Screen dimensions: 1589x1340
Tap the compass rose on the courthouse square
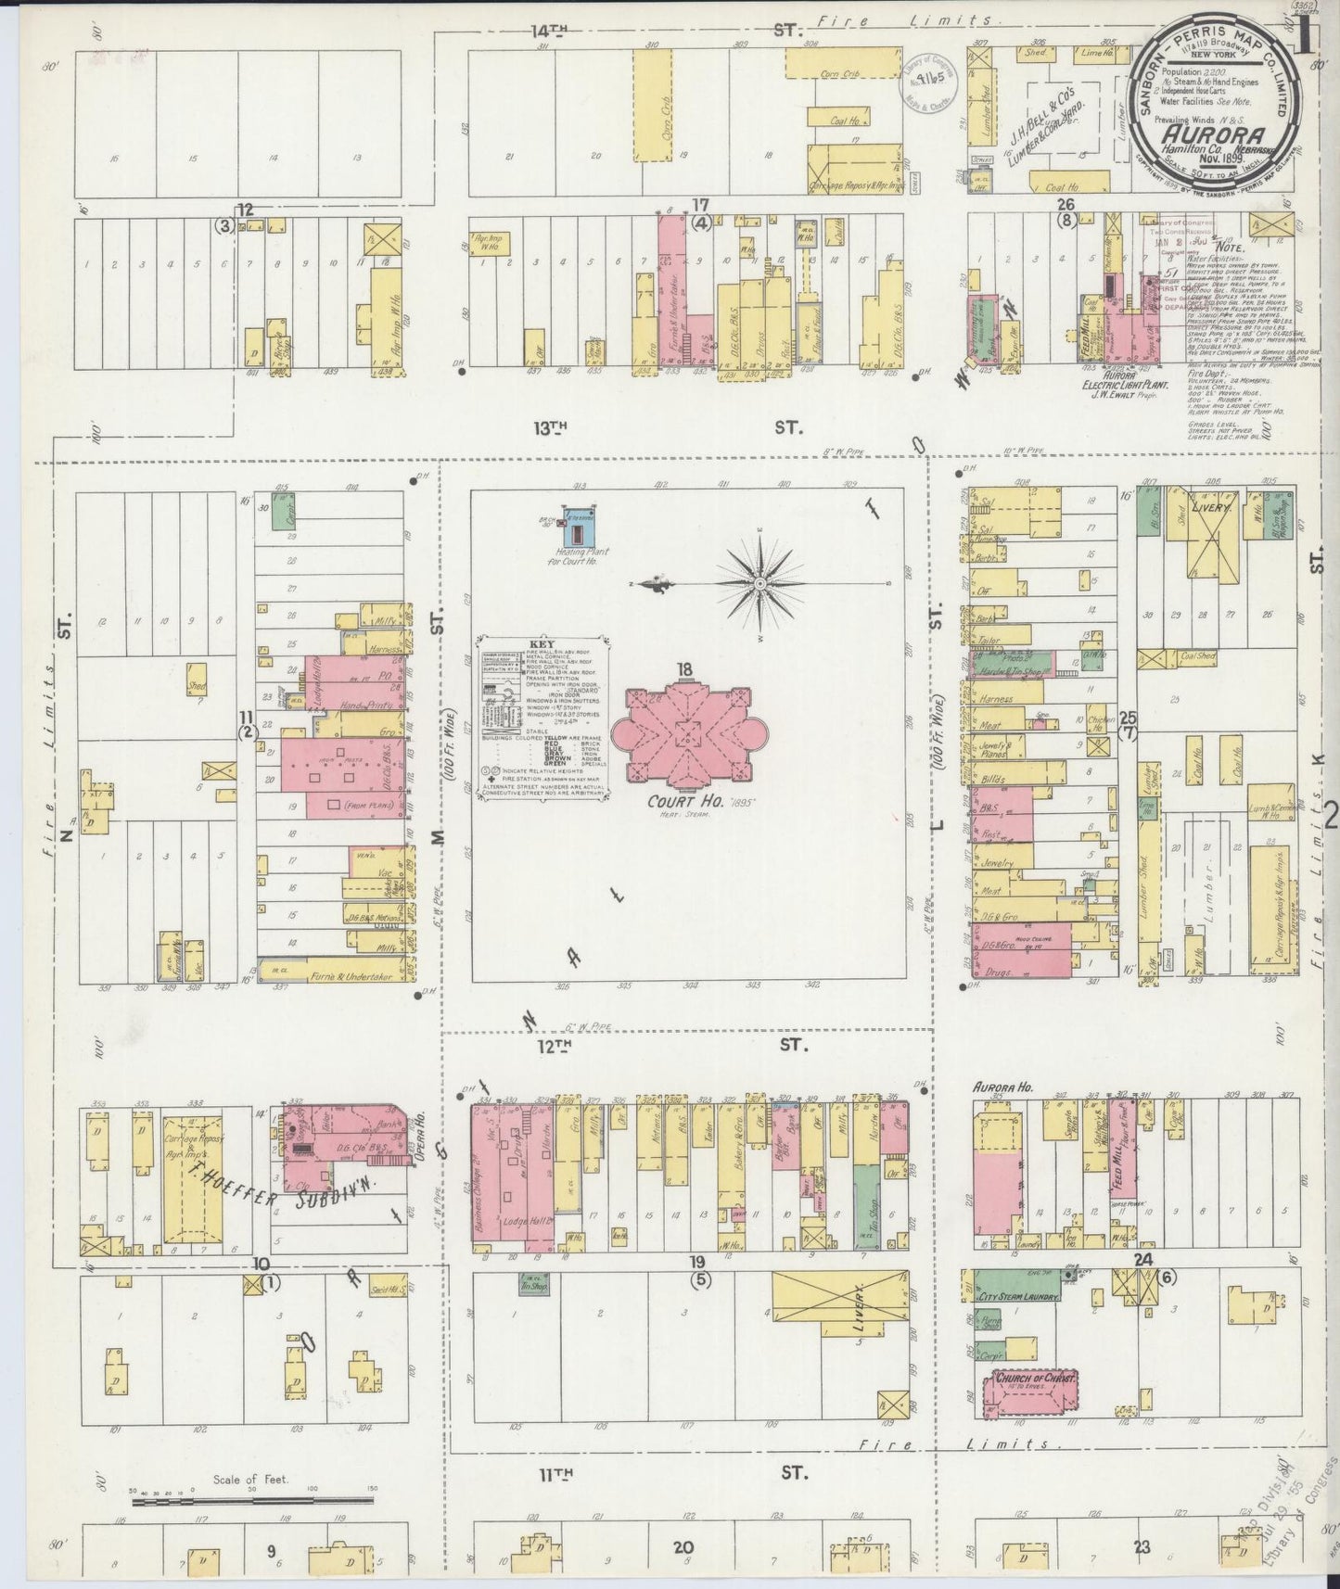pyautogui.click(x=759, y=583)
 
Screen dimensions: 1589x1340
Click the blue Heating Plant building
pyautogui.click(x=580, y=529)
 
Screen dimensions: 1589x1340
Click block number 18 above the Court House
pyautogui.click(x=684, y=669)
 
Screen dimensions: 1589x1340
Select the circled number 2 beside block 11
pyautogui.click(x=247, y=732)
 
